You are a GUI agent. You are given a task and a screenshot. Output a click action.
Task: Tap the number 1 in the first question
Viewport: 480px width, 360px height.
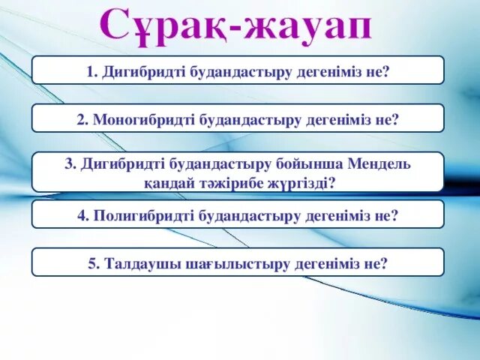coord(89,71)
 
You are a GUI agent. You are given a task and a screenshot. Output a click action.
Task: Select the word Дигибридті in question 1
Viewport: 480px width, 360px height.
coord(138,71)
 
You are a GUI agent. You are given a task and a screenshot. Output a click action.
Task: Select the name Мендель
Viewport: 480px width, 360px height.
coord(379,164)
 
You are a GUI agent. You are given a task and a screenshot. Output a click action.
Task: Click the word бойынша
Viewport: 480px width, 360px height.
coord(314,164)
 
